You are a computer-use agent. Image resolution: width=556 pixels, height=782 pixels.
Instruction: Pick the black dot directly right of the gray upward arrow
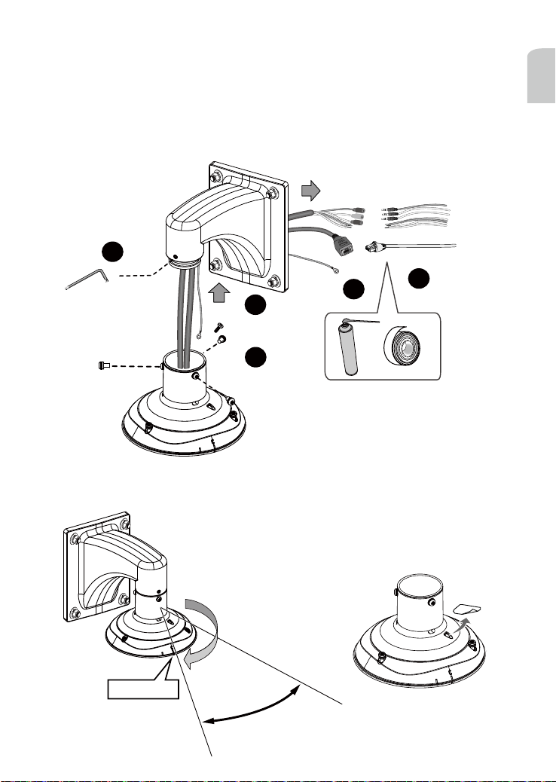tap(255, 305)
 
